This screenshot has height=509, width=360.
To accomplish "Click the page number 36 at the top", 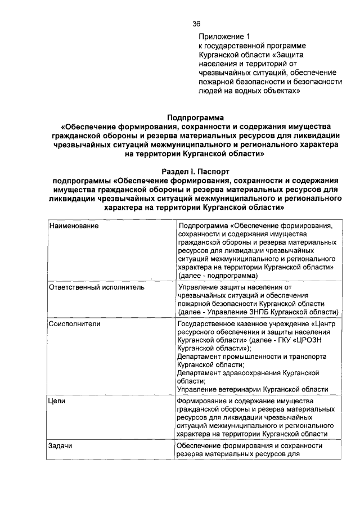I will click(x=196, y=24).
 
